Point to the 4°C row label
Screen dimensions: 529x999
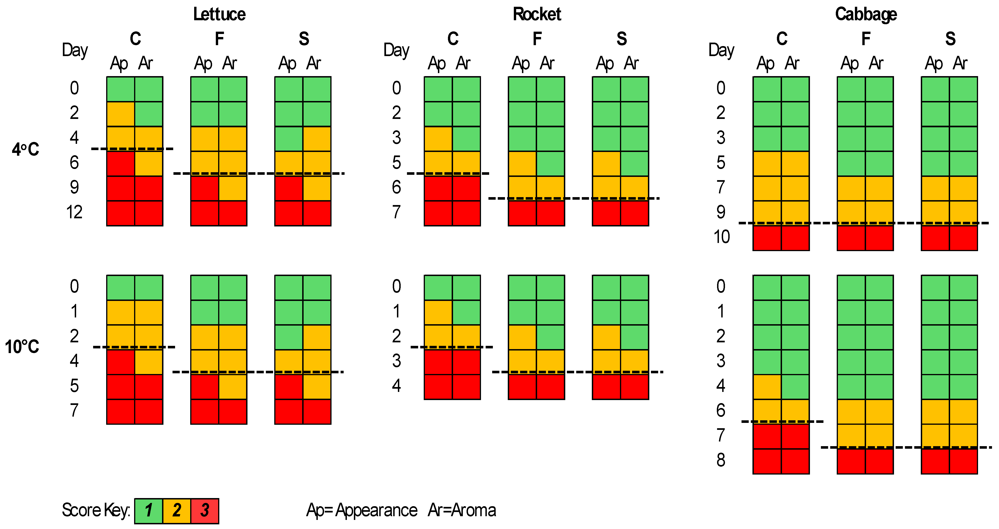pyautogui.click(x=26, y=149)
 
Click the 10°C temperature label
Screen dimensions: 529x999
pyautogui.click(x=22, y=347)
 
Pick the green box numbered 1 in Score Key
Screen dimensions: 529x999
pyautogui.click(x=149, y=510)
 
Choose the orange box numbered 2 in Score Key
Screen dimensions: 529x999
pyautogui.click(x=177, y=510)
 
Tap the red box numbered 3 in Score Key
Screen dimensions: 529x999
pyautogui.click(x=205, y=510)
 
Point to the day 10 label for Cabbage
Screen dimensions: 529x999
pyautogui.click(x=721, y=237)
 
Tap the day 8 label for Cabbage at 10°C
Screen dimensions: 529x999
pyautogui.click(x=721, y=460)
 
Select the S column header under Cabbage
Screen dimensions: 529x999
pyautogui.click(x=950, y=39)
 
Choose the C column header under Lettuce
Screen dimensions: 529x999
pyautogui.click(x=135, y=39)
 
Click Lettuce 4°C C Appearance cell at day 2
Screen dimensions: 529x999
pyautogui.click(x=121, y=114)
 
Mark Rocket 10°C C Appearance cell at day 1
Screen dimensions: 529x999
pyautogui.click(x=438, y=312)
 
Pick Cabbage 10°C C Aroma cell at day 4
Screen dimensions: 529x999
pyautogui.click(x=795, y=387)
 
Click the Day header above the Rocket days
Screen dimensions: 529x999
pyautogui.click(x=396, y=50)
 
